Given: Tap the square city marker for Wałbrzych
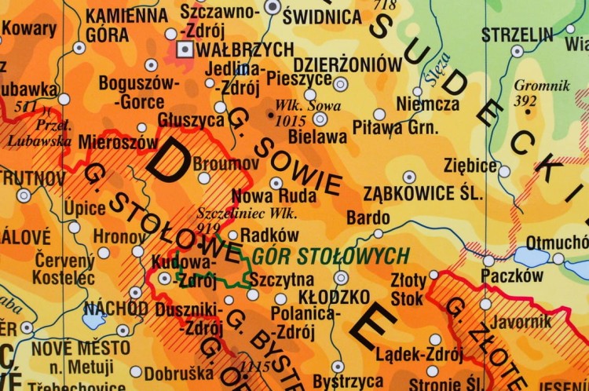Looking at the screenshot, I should tap(185, 49).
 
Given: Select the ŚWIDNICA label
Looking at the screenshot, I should tap(312, 15).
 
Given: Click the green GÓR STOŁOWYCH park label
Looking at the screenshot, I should tap(330, 255).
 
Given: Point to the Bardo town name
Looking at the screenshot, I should tap(368, 217).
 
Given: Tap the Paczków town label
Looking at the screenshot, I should tap(511, 276).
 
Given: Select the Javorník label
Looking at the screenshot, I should tap(520, 320).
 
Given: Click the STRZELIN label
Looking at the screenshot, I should tap(517, 35).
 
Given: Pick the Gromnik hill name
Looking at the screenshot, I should tap(536, 86).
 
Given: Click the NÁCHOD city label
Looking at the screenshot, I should tap(115, 308).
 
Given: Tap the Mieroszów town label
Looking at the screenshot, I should tap(118, 143).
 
